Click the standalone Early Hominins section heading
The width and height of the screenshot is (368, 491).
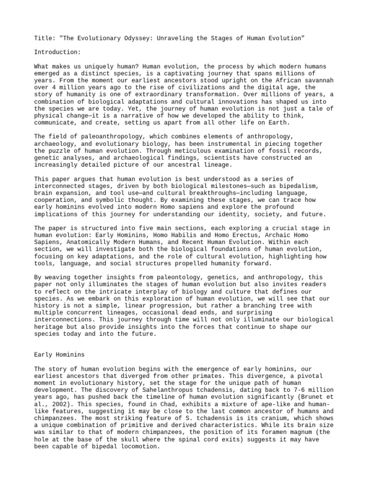tap(59, 354)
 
